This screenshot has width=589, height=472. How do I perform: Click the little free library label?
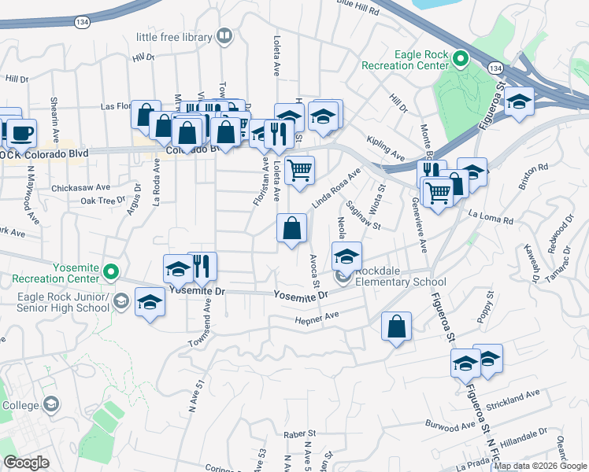(x=174, y=37)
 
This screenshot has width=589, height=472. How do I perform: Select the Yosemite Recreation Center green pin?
(x=111, y=273)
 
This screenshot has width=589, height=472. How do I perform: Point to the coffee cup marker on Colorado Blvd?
(x=22, y=133)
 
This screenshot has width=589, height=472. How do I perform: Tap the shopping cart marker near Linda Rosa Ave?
(x=299, y=171)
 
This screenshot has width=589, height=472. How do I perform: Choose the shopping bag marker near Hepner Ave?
(x=397, y=326)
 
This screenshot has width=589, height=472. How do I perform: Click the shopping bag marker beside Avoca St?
(x=291, y=229)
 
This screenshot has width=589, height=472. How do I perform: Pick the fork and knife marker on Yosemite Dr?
(x=202, y=267)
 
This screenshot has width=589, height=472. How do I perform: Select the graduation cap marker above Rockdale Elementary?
(x=346, y=256)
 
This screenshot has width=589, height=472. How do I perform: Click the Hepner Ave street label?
(x=316, y=315)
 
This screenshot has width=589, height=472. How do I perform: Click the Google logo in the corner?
(x=25, y=463)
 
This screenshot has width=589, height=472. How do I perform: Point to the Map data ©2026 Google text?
(x=539, y=466)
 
